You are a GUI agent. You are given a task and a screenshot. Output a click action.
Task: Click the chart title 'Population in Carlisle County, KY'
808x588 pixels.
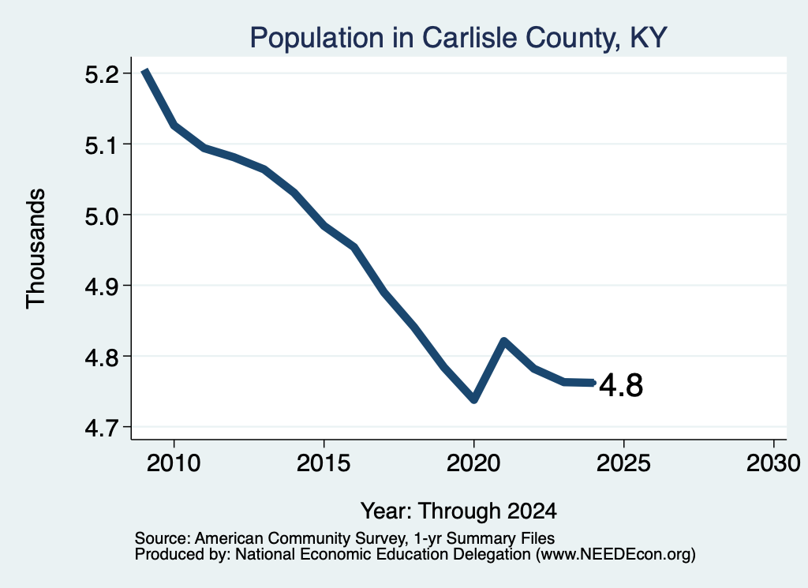[x=458, y=38]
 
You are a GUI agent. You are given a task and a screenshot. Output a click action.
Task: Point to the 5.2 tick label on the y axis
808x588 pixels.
[x=102, y=75]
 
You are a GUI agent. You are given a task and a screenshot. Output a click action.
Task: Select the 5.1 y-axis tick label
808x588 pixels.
[x=102, y=146]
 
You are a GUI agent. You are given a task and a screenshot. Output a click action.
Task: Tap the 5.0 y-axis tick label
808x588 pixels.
[x=102, y=216]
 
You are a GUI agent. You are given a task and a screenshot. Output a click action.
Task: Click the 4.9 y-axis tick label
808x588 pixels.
[x=102, y=287]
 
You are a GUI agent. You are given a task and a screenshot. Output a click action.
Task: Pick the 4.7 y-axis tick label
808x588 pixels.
[x=102, y=429]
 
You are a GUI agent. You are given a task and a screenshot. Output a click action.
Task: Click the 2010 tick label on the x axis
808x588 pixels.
[x=174, y=463]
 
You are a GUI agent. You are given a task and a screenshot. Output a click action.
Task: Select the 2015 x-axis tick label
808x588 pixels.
[x=324, y=463]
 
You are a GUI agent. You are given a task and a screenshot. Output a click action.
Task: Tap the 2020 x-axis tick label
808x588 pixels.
[x=473, y=463]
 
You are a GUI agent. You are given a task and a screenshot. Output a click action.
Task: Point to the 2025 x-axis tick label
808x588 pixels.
[x=623, y=463]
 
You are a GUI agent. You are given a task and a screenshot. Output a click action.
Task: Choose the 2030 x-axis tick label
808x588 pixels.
[x=773, y=463]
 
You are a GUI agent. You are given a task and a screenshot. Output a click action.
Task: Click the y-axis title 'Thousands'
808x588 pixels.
[x=36, y=249]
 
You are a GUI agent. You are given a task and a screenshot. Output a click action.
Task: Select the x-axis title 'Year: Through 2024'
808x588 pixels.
[x=458, y=511]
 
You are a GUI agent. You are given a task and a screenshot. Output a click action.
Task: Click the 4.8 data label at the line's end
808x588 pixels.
[x=621, y=385]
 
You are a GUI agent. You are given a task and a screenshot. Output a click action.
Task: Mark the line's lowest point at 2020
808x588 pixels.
[x=474, y=399]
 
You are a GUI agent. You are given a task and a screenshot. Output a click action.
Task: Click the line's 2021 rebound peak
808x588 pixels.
[x=504, y=341]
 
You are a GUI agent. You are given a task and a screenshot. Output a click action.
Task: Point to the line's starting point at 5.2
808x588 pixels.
[x=145, y=72]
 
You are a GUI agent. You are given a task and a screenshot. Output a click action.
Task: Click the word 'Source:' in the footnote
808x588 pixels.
[x=163, y=538]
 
